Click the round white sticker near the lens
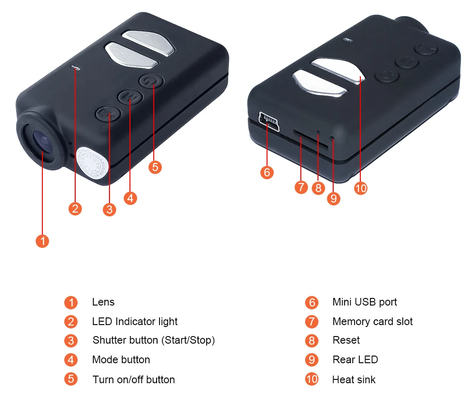pos(92,163)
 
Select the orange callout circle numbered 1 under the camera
pos(42,241)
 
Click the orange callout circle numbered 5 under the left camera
pos(155,167)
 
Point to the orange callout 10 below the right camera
pos(361,188)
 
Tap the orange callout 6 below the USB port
pos(267,172)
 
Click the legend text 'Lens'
pos(103,302)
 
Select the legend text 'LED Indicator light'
pos(135,321)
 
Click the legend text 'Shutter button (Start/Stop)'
pos(154,340)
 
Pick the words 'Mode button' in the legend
pos(121,360)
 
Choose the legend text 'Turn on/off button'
pos(134,380)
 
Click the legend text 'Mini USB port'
pos(365,302)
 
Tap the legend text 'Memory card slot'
pos(373,322)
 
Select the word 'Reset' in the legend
pos(346,340)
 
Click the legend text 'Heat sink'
pos(354,380)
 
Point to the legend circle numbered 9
pos(311,360)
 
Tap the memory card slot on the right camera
pos(309,138)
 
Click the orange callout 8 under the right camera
pos(318,187)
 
